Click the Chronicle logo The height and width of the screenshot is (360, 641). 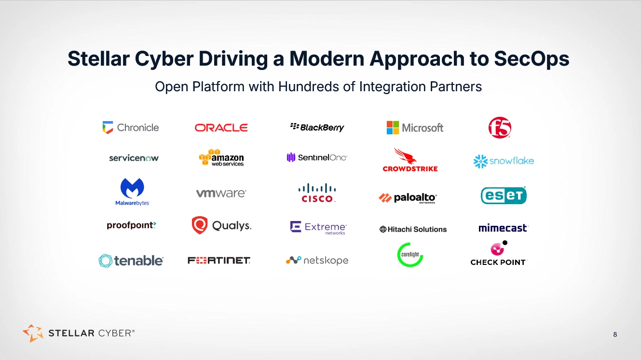131,128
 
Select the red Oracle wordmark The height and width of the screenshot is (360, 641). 221,128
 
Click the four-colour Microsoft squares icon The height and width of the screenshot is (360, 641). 393,127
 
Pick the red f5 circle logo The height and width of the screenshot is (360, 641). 500,128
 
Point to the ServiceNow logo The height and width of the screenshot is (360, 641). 134,158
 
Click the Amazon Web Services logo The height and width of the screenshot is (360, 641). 221,158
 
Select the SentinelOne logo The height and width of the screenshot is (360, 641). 317,157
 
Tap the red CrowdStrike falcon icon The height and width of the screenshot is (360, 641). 403,156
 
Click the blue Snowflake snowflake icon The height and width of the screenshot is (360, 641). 480,161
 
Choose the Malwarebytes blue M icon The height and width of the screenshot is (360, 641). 132,188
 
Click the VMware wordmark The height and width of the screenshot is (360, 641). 221,193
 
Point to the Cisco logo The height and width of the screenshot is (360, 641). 316,193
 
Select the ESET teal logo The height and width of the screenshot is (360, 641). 504,195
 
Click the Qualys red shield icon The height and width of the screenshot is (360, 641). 200,225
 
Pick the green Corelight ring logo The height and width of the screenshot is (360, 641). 410,255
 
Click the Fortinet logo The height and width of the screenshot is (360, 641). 219,261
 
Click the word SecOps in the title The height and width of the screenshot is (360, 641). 532,59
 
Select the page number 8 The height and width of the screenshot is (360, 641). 615,334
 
